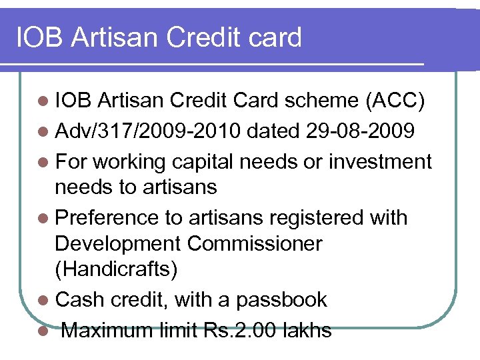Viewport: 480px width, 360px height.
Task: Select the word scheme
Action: [320, 101]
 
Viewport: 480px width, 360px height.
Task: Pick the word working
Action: [133, 161]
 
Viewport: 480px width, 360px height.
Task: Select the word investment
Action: [383, 161]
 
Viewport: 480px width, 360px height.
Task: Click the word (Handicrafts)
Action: [116, 269]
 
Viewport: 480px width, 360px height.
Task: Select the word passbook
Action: [282, 300]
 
